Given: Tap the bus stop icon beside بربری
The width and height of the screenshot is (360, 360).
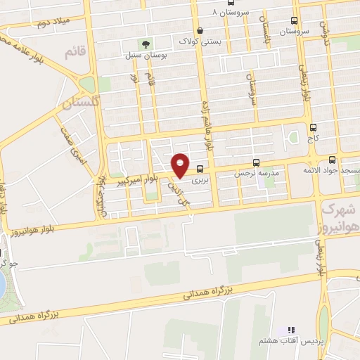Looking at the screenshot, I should pos(200,168).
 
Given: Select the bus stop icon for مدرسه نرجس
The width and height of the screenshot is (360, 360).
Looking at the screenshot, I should pos(256,161).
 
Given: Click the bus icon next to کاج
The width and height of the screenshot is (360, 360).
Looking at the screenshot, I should pos(313,127).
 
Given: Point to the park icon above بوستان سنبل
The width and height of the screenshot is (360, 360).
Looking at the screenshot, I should pos(146,44).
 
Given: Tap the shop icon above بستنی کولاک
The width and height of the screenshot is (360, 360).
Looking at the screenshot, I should pos(200,30).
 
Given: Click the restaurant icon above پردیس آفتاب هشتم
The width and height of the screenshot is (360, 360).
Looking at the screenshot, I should pos(292,330).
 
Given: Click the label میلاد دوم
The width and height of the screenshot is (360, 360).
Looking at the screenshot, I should pos(51,23).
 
